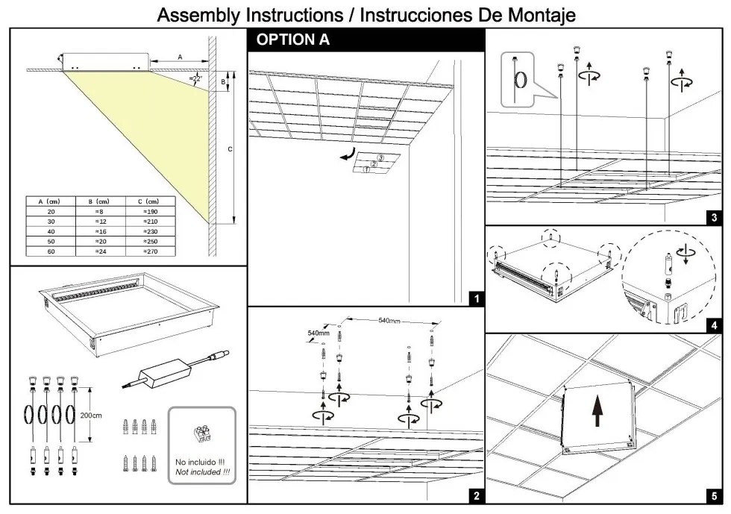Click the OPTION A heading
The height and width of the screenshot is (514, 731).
click(293, 41)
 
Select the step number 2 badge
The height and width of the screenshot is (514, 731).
click(476, 495)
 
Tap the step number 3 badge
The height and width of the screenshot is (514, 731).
click(714, 217)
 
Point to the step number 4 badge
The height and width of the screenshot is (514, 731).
click(714, 325)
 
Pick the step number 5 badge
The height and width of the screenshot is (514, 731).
click(714, 495)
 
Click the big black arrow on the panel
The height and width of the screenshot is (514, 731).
click(597, 410)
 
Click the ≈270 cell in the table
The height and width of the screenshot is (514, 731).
click(151, 251)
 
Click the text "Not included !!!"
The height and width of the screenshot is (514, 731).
click(202, 471)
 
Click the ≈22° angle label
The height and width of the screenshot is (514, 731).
click(195, 78)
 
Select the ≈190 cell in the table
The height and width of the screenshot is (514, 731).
click(151, 212)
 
